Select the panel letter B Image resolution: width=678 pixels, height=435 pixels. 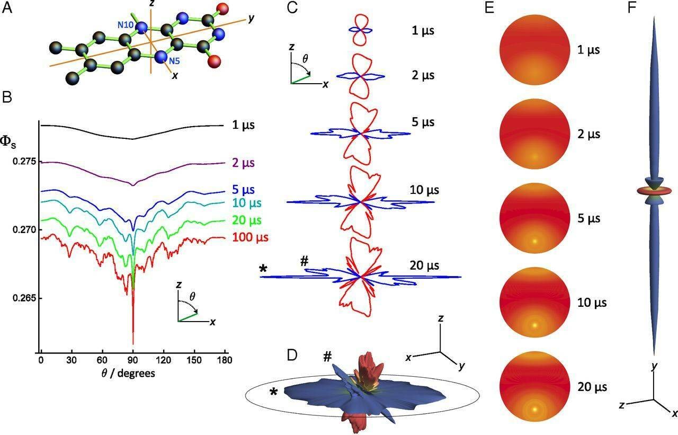coord(7,97)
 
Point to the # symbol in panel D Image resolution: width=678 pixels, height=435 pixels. coord(327,356)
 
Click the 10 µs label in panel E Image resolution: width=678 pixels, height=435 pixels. coord(588,303)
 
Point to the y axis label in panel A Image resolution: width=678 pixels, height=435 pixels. coord(251,19)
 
